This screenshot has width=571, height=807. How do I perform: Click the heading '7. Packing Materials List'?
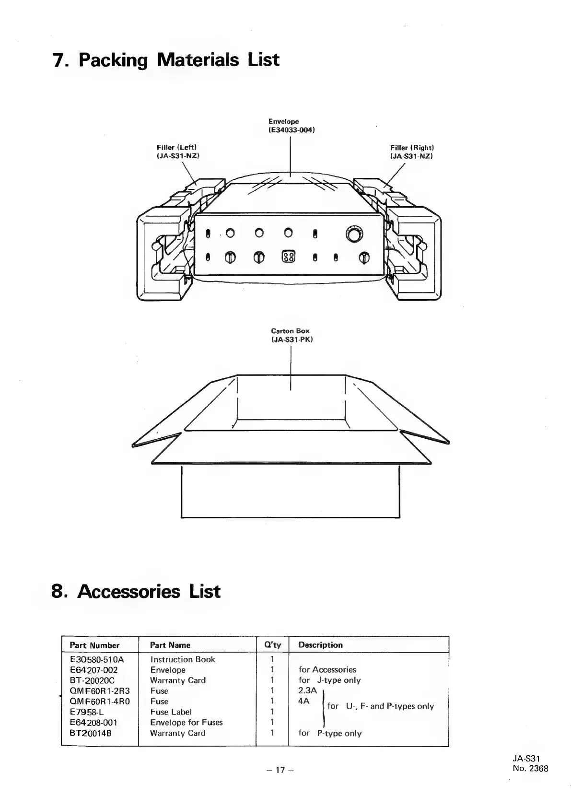pos(166,61)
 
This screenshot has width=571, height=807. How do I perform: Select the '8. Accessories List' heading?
pos(136,591)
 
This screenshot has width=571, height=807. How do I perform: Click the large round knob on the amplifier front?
pos(354,235)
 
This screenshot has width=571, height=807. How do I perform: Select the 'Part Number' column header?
pos(94,645)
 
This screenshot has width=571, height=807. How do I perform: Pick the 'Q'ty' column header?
pos(272,645)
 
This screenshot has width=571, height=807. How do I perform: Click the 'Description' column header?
pos(320,645)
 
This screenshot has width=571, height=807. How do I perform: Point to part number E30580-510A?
pos(97,659)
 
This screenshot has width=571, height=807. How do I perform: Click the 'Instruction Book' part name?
pos(183,659)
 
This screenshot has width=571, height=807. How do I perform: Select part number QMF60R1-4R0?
pos(100,702)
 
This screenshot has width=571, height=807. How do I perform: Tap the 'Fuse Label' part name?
pos(171,712)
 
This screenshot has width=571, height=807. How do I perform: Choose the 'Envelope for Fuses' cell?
pos(186,723)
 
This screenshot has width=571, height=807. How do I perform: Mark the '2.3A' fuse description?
pos(307,691)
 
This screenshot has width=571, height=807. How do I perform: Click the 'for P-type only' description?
pos(330,733)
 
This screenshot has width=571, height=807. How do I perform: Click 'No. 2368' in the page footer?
pos(530,769)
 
